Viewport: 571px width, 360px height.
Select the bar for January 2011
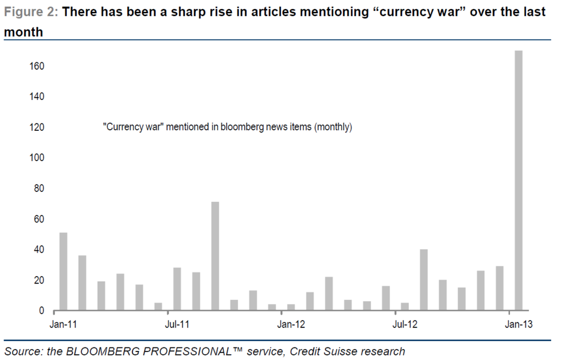click(x=63, y=271)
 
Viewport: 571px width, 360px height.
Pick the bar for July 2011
click(x=177, y=289)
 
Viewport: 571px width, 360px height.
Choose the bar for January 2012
click(x=291, y=307)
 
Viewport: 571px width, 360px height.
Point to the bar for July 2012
click(x=404, y=307)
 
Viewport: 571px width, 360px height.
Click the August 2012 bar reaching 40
click(x=424, y=280)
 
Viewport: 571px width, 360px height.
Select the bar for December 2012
click(x=500, y=289)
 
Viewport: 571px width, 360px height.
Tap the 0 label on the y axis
click(x=42, y=311)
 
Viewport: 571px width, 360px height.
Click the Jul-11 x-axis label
click(x=177, y=325)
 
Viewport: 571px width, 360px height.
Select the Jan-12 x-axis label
click(x=291, y=325)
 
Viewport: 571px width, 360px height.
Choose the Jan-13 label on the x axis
click(x=518, y=325)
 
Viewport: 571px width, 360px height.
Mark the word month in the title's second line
click(x=23, y=32)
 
